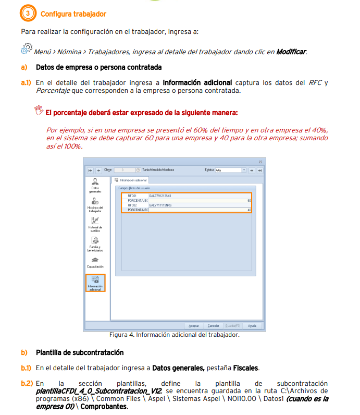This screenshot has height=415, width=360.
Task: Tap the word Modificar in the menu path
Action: tap(291, 52)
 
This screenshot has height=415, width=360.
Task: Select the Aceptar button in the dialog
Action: tap(193, 325)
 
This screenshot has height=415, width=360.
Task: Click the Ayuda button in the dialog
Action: tap(252, 325)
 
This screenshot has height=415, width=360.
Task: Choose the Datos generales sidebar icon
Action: tap(95, 185)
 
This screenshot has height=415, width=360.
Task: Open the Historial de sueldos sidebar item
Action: tap(95, 224)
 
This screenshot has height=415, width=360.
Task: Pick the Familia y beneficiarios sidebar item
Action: tap(95, 244)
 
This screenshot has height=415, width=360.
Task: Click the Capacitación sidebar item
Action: tap(95, 263)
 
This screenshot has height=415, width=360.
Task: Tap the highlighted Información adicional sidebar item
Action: tap(95, 283)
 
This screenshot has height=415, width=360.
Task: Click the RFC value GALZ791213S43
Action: tap(160, 196)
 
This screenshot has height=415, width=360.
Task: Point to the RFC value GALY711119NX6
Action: tap(160, 205)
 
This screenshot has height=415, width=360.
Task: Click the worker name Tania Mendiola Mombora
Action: tap(158, 170)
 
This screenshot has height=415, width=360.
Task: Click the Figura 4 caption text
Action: tap(174, 335)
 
